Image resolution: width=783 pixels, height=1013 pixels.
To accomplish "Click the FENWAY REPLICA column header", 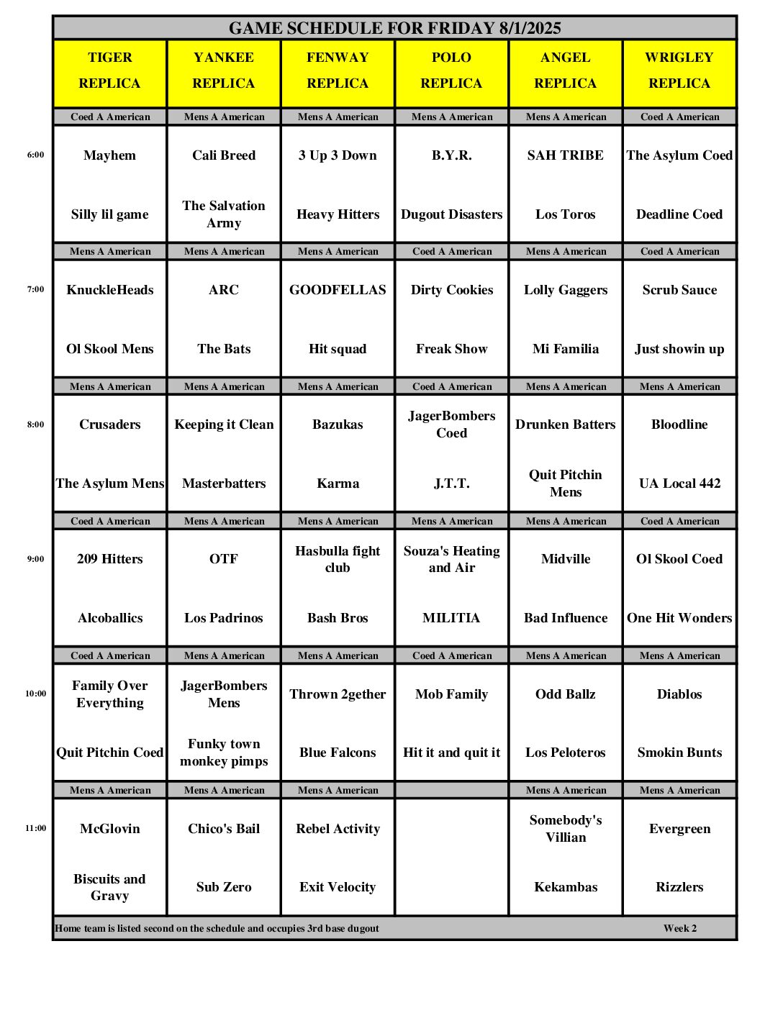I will (x=338, y=71).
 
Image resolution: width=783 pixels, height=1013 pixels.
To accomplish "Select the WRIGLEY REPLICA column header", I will (x=679, y=71).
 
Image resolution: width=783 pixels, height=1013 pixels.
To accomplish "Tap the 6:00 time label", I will (x=35, y=155).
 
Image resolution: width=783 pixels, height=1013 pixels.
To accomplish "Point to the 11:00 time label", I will (x=35, y=828).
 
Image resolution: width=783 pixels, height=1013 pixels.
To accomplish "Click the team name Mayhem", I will (x=109, y=155).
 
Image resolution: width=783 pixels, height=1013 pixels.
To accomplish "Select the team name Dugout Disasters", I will (x=451, y=214).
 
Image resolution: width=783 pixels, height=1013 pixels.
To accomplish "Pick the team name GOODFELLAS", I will (x=338, y=290).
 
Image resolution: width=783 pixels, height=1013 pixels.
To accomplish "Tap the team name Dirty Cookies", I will (x=451, y=290).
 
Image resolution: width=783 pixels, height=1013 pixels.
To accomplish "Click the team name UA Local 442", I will (x=679, y=483).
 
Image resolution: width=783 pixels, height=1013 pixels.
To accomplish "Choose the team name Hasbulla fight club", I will (x=338, y=559).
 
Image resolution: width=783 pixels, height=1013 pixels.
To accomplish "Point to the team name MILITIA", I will (x=451, y=618).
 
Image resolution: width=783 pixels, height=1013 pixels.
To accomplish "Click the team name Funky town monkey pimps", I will (x=224, y=753).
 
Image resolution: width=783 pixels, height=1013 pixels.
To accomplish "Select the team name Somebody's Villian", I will (x=566, y=829).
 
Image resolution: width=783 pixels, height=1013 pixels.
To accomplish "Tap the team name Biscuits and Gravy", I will (x=109, y=887).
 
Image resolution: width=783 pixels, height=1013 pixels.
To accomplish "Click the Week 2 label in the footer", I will (x=680, y=928).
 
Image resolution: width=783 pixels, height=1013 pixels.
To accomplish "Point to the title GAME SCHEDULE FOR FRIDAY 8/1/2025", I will (x=394, y=28).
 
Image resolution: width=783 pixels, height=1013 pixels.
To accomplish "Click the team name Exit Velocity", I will (x=338, y=887).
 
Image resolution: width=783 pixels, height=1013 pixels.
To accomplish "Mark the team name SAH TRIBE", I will (x=566, y=155).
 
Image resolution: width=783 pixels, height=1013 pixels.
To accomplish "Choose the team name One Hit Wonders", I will (x=679, y=618).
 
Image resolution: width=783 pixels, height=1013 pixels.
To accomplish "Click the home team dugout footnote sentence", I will (x=217, y=928).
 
